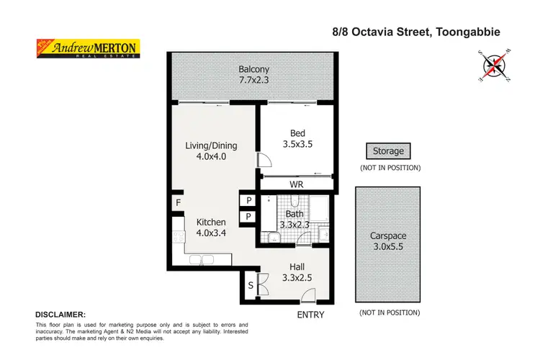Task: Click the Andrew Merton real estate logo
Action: (88, 48)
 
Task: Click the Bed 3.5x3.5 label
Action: (297, 138)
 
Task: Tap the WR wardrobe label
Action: (297, 185)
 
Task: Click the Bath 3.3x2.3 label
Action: (297, 219)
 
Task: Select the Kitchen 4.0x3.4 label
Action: (211, 228)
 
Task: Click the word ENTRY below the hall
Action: (310, 315)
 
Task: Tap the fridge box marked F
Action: (178, 203)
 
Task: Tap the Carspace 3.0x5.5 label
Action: (390, 240)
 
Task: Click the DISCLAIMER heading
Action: (60, 315)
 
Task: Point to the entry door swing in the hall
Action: (308, 294)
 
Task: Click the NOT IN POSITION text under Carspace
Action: (390, 313)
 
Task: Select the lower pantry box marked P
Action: (248, 217)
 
